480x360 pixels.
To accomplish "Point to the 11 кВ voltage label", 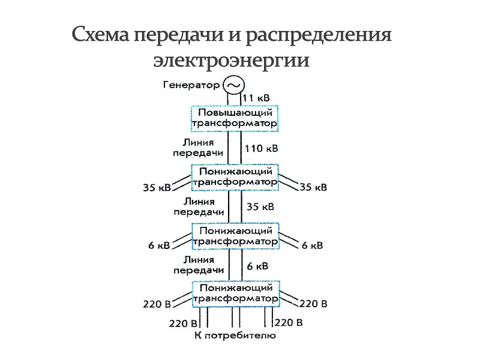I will tap(259, 97).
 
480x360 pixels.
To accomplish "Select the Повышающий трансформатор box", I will tap(235, 118).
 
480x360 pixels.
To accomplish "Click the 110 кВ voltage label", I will tap(262, 148).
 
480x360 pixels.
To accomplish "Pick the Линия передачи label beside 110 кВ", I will tap(198, 148).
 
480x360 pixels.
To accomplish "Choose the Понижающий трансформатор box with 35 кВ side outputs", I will tap(235, 176).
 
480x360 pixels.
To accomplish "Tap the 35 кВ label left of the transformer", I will tap(157, 187).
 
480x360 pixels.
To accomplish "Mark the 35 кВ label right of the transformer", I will tap(313, 187).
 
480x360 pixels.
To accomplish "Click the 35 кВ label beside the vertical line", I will tap(260, 207).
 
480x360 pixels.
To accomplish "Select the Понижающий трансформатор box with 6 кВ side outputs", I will tap(235, 235).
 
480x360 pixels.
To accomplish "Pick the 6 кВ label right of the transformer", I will tap(312, 245).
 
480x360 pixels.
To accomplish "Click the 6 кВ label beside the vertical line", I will tap(257, 265).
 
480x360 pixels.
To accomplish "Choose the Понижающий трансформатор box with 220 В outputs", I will tap(235, 293).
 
